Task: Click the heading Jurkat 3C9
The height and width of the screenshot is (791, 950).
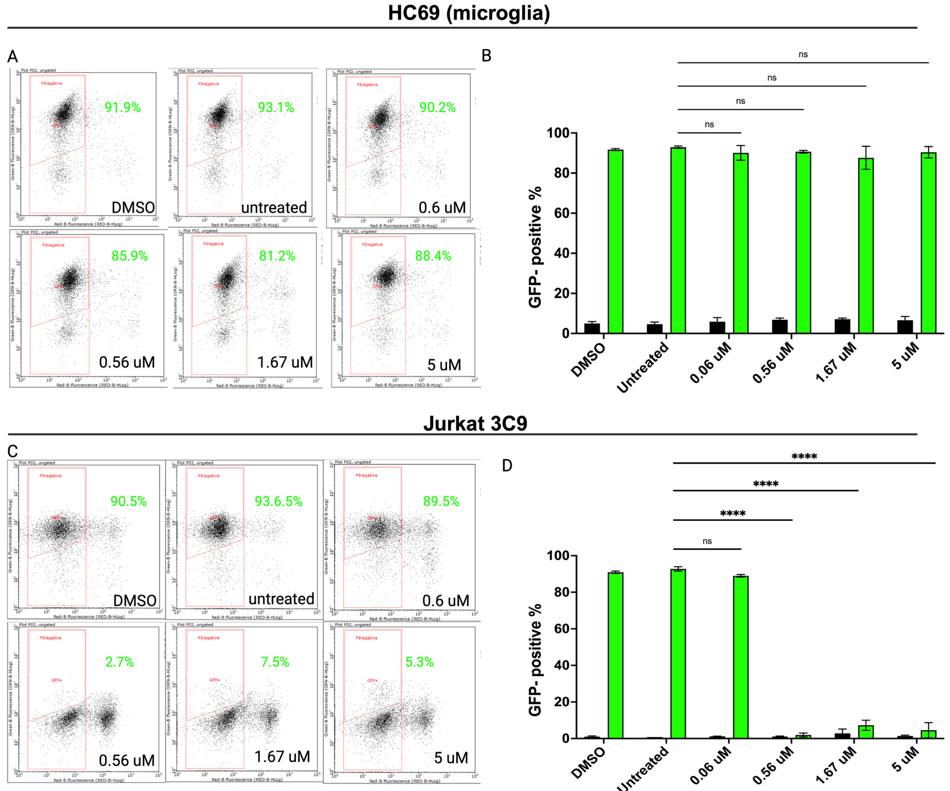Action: [x=475, y=424]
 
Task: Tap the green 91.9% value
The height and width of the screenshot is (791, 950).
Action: [x=123, y=108]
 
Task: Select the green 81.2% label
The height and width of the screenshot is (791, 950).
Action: [x=277, y=256]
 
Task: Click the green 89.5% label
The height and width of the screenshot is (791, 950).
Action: [x=441, y=501]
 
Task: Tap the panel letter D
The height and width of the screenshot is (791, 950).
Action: [x=507, y=466]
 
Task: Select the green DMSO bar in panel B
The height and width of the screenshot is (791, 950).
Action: [x=615, y=242]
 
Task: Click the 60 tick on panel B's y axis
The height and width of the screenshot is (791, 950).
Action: [x=561, y=213]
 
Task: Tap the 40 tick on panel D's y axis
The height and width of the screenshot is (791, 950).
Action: [x=561, y=665]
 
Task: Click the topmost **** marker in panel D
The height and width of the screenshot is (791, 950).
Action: [x=804, y=456]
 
